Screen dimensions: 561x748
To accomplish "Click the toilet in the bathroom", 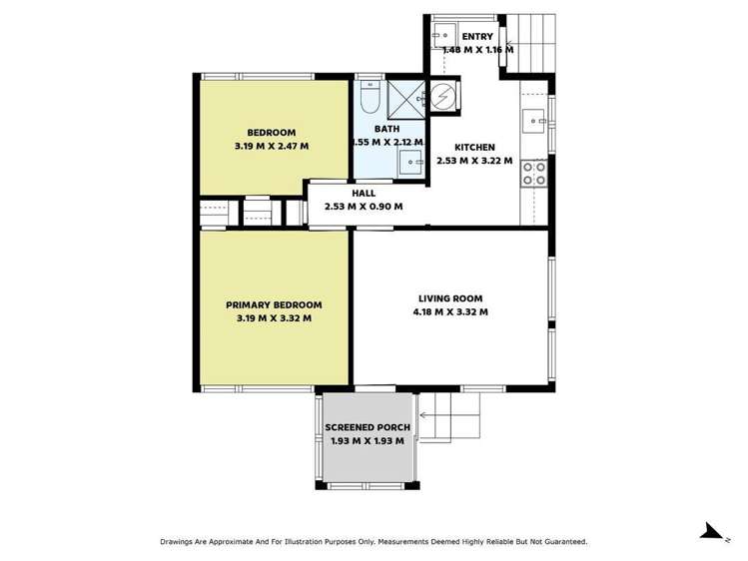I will pyautogui.click(x=367, y=101).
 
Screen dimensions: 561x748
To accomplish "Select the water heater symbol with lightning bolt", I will pyautogui.click(x=441, y=97).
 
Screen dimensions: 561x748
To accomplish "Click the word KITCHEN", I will pyautogui.click(x=474, y=147).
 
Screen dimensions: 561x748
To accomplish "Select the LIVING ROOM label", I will pyautogui.click(x=449, y=298).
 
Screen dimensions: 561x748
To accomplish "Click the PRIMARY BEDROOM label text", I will pyautogui.click(x=274, y=305).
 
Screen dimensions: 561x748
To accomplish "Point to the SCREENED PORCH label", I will pyautogui.click(x=367, y=427).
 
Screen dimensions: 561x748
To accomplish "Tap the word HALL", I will pyautogui.click(x=363, y=194).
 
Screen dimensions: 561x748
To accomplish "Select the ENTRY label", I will pyautogui.click(x=476, y=37).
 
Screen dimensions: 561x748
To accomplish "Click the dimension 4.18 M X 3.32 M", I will pyautogui.click(x=449, y=312).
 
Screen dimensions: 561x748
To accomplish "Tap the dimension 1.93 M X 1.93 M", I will pyautogui.click(x=367, y=440).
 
